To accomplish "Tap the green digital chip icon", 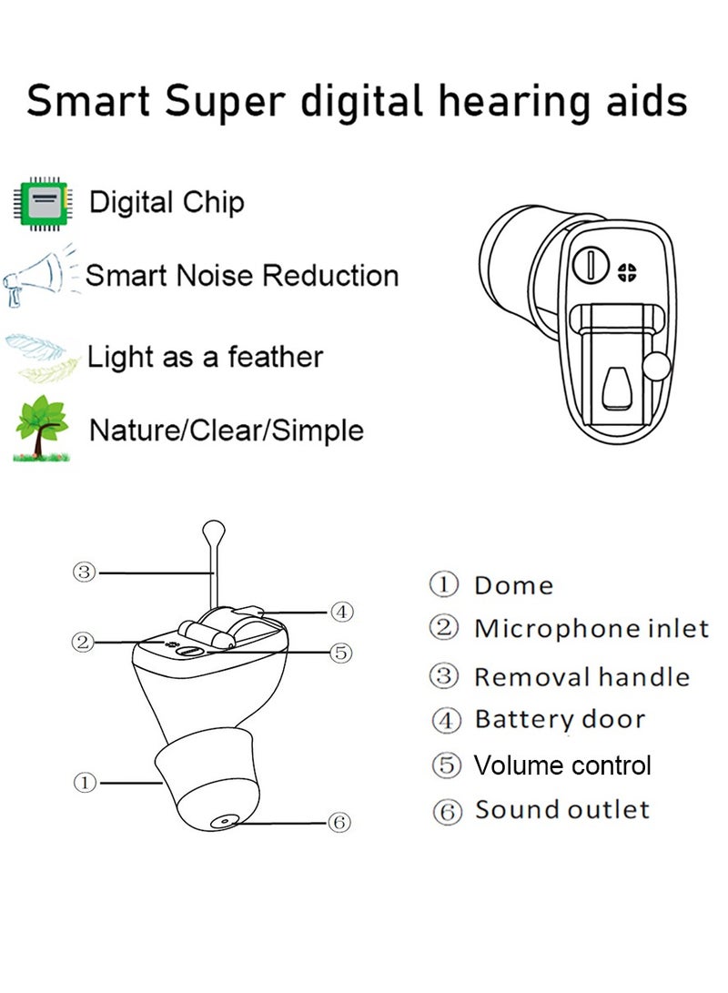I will tap(42, 202).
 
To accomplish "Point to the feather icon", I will tap(42, 356).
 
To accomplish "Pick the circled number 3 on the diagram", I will tap(85, 572).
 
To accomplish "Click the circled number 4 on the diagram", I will tap(340, 612).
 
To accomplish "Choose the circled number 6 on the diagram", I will tap(339, 822).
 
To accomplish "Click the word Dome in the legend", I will tap(513, 585).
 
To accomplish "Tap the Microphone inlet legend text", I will tap(591, 628).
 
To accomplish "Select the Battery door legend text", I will tap(560, 719).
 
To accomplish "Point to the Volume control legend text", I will tap(562, 765).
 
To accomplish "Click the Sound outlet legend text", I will tap(562, 809).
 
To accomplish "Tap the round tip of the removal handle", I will tap(213, 527).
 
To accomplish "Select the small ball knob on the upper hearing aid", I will tap(654, 366).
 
